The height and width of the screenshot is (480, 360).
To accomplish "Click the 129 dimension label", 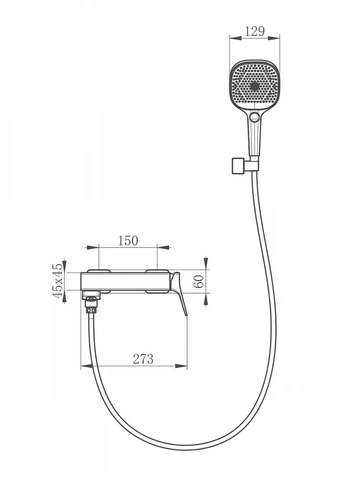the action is [255, 31].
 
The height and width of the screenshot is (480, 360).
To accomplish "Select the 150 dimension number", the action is [128, 241].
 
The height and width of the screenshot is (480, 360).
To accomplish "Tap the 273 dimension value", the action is [143, 359].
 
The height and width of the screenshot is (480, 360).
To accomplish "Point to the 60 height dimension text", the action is [199, 281].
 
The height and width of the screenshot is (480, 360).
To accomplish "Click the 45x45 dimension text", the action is [58, 281].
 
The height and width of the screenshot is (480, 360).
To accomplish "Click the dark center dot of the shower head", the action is [254, 86].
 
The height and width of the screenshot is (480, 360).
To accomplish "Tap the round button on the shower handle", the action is [254, 116].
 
